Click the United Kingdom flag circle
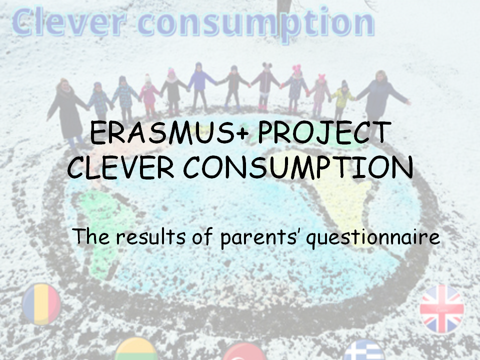[x=441, y=308]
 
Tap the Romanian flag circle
[x=41, y=303]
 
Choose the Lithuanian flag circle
[x=136, y=350]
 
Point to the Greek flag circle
[x=364, y=351]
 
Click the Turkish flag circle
[x=244, y=352]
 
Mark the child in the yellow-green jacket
[x=343, y=99]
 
